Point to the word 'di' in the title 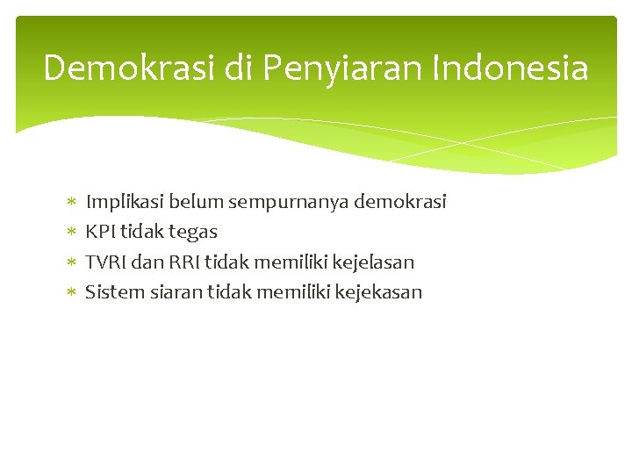click(x=235, y=68)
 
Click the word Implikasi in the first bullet click(x=124, y=202)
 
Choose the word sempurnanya click(x=290, y=202)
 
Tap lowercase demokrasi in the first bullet click(x=401, y=202)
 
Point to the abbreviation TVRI click(x=106, y=262)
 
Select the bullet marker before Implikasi click(x=71, y=203)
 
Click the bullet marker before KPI click(x=71, y=233)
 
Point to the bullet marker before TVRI click(x=71, y=262)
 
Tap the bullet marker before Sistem click(x=71, y=292)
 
